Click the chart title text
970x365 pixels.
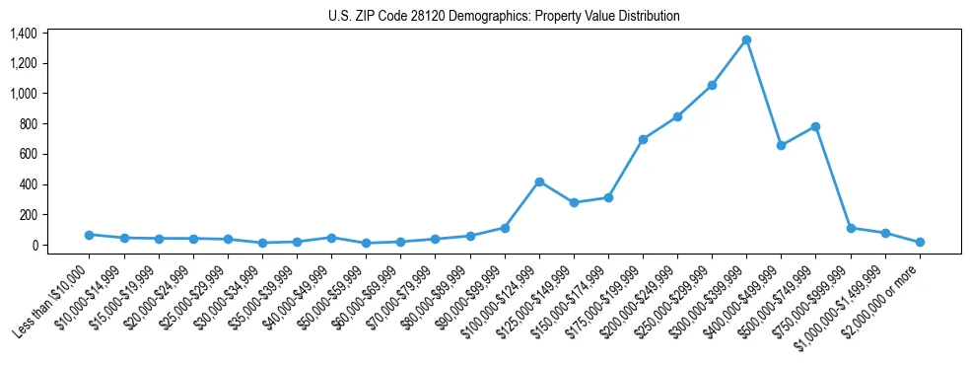[504, 17]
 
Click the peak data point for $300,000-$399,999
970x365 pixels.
[747, 39]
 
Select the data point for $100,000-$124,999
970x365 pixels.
[539, 182]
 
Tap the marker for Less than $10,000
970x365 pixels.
[89, 235]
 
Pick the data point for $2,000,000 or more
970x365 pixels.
[920, 242]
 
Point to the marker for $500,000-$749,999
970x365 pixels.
[816, 126]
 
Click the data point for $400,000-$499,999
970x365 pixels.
[782, 145]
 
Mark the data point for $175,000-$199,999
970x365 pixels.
[643, 139]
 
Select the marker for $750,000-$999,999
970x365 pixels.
[851, 228]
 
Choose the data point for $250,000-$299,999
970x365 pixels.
[712, 85]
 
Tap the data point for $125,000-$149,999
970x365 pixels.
[574, 202]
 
